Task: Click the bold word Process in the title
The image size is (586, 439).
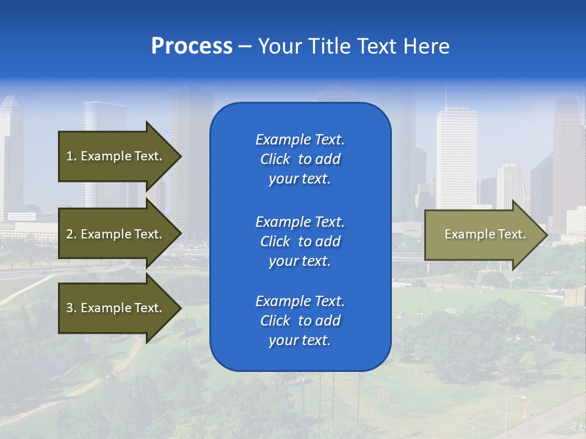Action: pyautogui.click(x=192, y=46)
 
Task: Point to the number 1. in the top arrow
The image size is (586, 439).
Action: pyautogui.click(x=71, y=156)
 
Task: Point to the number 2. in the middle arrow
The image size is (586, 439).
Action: pyautogui.click(x=71, y=234)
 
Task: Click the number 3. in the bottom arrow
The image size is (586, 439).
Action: pyautogui.click(x=71, y=308)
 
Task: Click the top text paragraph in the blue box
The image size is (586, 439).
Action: pyautogui.click(x=300, y=159)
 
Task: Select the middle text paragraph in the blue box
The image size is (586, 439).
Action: pyautogui.click(x=300, y=241)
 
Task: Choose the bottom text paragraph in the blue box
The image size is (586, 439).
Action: pyautogui.click(x=300, y=321)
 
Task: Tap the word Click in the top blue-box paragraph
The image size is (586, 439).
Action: pyautogui.click(x=275, y=159)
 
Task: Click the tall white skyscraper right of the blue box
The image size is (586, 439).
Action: pyautogui.click(x=457, y=159)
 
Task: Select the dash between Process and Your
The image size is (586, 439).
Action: pyautogui.click(x=245, y=47)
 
